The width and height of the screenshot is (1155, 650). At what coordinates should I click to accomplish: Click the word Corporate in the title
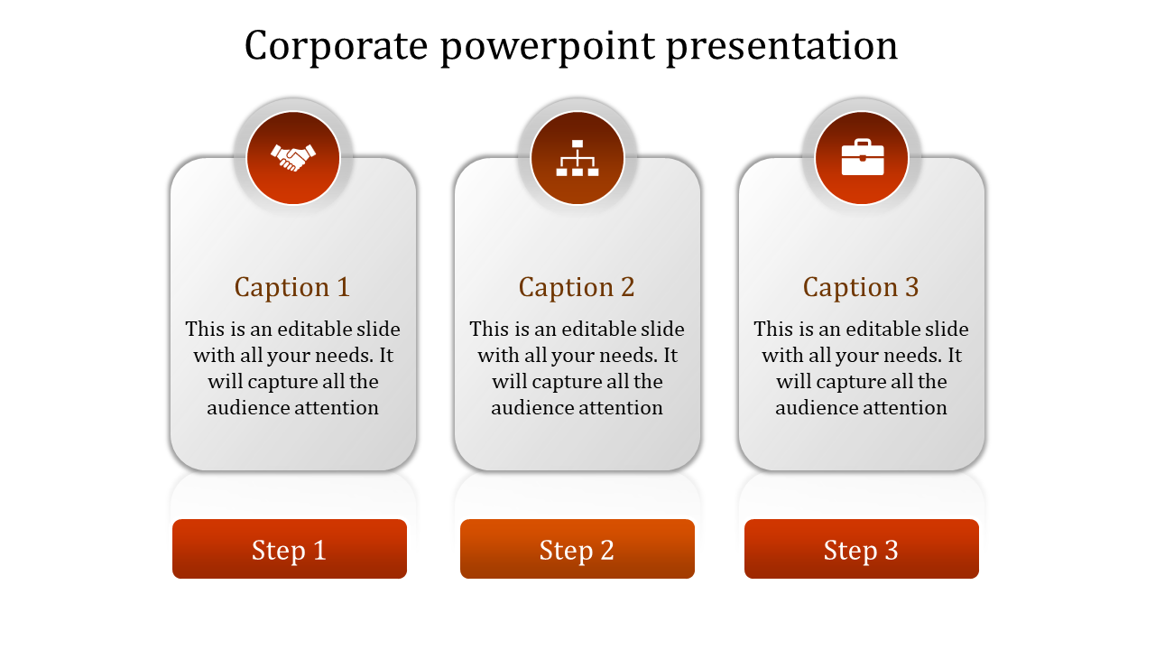tap(336, 45)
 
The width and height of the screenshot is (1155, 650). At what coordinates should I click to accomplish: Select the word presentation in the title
tap(782, 47)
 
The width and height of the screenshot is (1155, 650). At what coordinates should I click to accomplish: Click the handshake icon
tap(293, 158)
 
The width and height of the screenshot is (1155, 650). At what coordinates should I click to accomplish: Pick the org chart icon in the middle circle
tap(577, 158)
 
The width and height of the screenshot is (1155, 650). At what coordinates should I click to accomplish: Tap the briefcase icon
tap(862, 158)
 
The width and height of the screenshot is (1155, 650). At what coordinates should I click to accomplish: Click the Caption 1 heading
tap(292, 287)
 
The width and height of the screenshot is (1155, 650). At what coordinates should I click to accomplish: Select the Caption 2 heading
tap(577, 287)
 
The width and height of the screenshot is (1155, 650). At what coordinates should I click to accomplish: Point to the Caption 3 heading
tap(861, 287)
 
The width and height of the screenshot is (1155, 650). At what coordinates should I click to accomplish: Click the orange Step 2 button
tap(577, 549)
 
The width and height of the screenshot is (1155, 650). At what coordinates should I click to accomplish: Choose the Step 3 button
tap(862, 549)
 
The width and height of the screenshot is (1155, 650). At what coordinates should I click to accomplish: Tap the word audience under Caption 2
tap(531, 408)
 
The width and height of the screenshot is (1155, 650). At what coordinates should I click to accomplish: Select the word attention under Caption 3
tap(904, 408)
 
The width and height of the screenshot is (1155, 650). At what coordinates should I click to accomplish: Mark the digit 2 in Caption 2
tap(627, 287)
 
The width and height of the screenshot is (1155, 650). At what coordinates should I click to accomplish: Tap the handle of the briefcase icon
tap(862, 143)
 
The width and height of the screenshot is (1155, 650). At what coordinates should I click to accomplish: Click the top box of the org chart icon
tap(577, 144)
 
